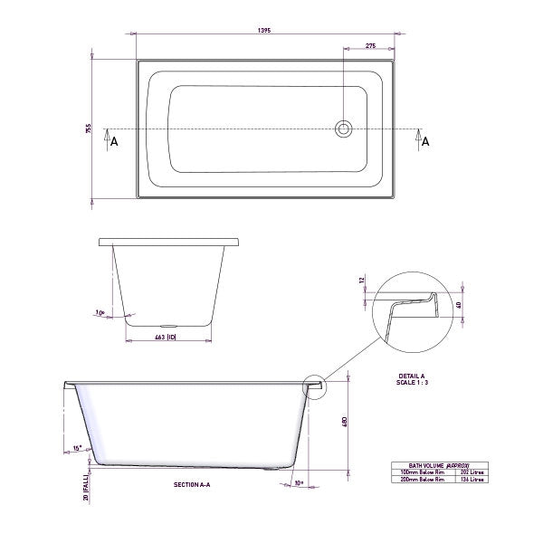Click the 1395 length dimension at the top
pos(264,30)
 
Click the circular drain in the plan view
pos(344,129)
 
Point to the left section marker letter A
pos(113,141)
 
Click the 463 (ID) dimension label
pos(165,337)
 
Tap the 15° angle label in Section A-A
pos(78,446)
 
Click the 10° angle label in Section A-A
pos(299,483)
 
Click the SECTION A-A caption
pos(192,485)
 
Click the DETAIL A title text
pos(413,376)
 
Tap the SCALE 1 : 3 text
pos(413,383)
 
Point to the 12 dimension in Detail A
pos(360,281)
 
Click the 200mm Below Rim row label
pos(414,479)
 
